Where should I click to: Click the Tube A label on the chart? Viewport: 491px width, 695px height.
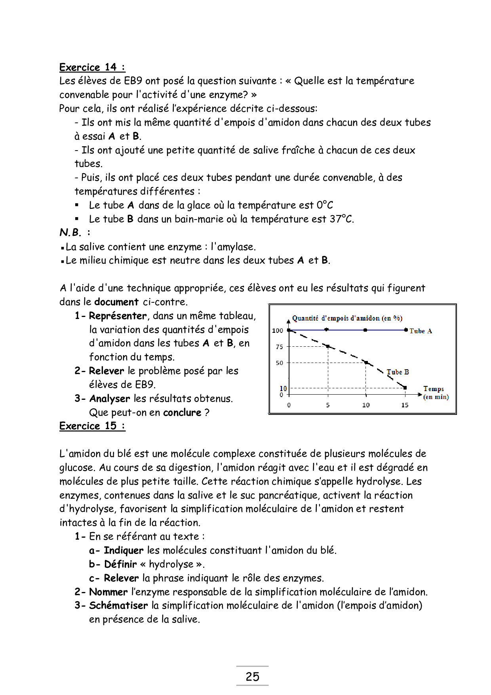(x=421, y=331)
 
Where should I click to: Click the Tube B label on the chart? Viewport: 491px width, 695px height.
(x=398, y=372)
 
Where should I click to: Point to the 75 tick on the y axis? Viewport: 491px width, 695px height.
(x=280, y=347)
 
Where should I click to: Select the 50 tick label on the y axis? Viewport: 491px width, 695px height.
(x=280, y=363)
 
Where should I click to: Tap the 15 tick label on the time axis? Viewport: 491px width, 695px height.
(x=405, y=405)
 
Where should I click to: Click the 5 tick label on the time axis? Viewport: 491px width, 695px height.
(x=328, y=405)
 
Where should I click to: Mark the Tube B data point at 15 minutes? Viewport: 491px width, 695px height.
(x=405, y=388)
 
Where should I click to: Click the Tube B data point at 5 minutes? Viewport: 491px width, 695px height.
(x=328, y=346)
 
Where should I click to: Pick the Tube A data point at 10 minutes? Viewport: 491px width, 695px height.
(x=365, y=330)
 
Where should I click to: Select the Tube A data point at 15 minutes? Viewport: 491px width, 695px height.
(x=406, y=330)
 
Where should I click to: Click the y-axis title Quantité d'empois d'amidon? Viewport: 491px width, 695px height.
(x=347, y=318)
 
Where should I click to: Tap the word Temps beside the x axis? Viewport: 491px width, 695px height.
(x=434, y=389)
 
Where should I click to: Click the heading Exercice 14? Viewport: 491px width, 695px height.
(x=92, y=67)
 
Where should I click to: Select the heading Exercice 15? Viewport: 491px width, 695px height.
(x=92, y=426)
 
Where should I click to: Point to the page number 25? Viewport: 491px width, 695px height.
(x=252, y=676)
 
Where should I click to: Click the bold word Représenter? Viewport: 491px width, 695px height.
(x=118, y=316)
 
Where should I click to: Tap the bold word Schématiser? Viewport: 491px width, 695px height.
(x=118, y=605)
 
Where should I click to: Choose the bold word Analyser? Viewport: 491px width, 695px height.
(x=110, y=399)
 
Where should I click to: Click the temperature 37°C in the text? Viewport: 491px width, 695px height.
(x=341, y=219)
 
